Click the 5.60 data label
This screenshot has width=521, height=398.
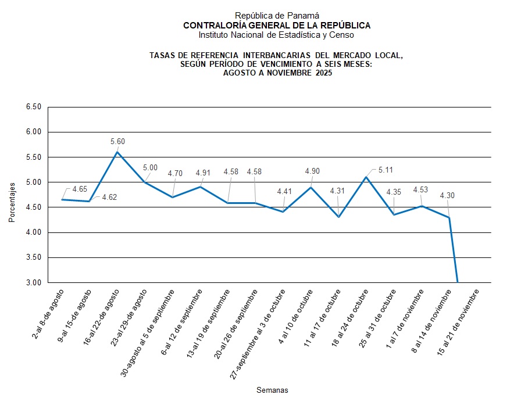[117, 141]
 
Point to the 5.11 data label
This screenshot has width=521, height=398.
[386, 170]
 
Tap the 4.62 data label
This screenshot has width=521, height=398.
[109, 197]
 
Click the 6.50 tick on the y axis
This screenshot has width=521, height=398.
[34, 107]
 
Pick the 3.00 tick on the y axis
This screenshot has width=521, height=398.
[34, 283]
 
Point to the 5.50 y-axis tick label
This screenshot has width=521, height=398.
[34, 157]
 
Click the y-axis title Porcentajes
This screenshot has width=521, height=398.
[12, 201]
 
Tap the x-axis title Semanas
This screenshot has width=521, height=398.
[272, 390]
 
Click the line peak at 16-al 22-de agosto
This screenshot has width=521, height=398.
[117, 152]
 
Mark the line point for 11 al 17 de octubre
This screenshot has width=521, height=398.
[338, 217]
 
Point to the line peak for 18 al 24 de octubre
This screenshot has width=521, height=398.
[366, 177]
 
